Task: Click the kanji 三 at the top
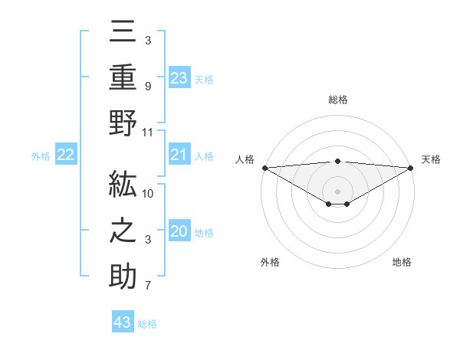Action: tap(123, 31)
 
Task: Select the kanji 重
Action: tap(123, 77)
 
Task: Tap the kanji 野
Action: tap(123, 123)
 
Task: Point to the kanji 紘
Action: tap(123, 185)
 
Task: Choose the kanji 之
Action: tap(123, 231)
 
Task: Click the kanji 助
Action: tap(123, 277)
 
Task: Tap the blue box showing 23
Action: tap(179, 77)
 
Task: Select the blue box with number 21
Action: tap(179, 155)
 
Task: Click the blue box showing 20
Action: tap(179, 232)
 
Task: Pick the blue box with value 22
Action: tap(66, 155)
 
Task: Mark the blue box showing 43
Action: tap(123, 322)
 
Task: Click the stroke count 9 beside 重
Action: tap(147, 87)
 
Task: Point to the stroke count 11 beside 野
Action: tap(148, 133)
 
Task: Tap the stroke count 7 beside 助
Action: tap(147, 286)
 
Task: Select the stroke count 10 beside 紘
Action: tap(148, 194)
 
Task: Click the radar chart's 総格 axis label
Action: tap(337, 100)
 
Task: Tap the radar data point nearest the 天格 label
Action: tap(411, 168)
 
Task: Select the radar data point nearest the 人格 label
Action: tap(264, 168)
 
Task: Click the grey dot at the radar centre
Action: tap(337, 191)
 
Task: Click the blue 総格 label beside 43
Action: tap(147, 324)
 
